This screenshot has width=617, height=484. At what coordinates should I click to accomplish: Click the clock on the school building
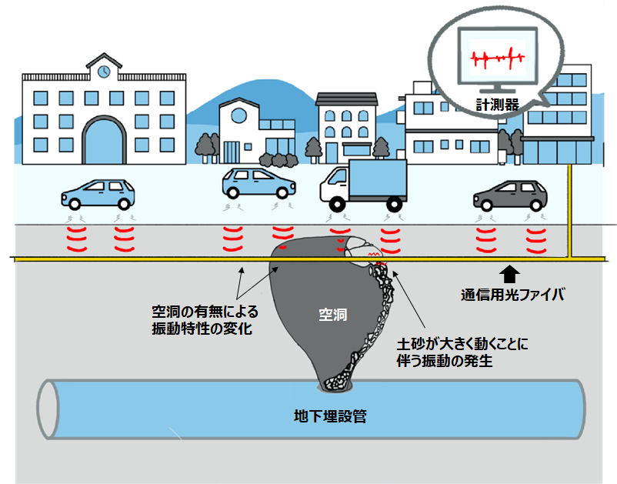pos(104,71)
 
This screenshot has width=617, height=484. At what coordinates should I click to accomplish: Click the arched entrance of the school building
pos(104,142)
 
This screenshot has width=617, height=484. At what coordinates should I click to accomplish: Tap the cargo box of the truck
pos(377,179)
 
